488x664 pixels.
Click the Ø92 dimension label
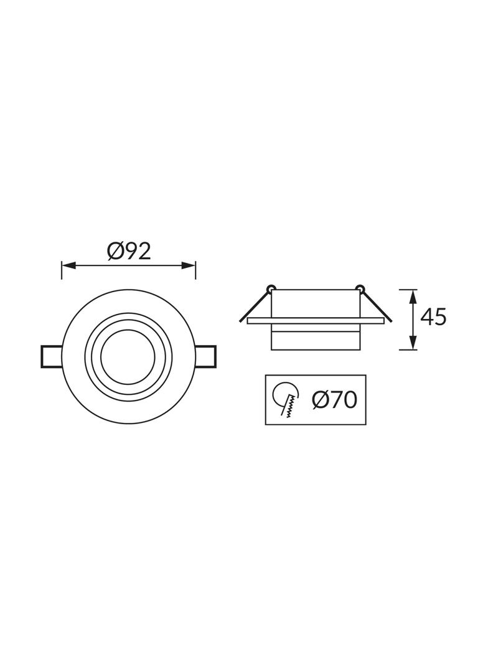tap(129, 252)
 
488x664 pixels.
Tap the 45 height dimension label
tap(433, 317)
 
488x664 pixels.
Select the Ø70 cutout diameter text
tap(334, 399)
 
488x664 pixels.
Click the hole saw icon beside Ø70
tap(286, 400)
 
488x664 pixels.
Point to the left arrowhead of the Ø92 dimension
tap(68, 266)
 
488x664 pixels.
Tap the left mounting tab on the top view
tap(51, 357)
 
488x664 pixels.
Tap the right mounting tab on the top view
tap(205, 357)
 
